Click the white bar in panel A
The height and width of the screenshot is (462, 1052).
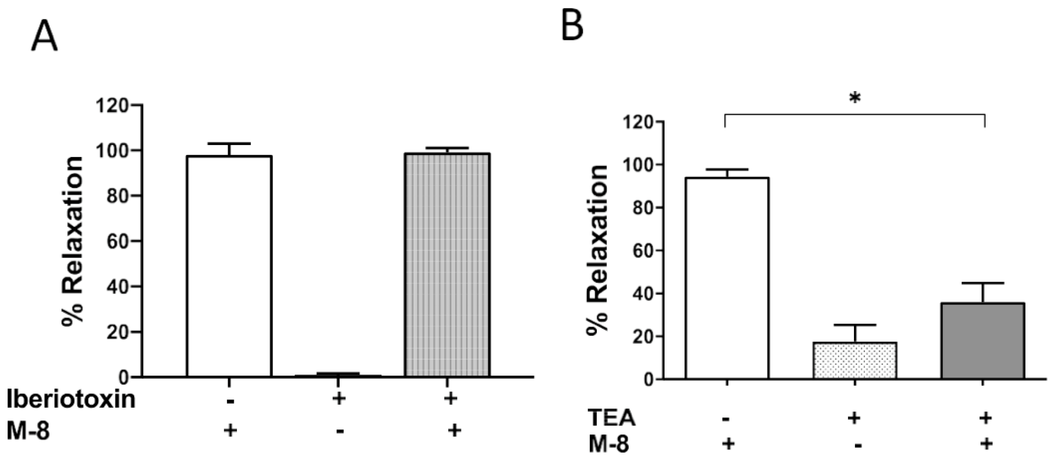pyautogui.click(x=229, y=266)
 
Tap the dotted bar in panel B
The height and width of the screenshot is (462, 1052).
pyautogui.click(x=855, y=360)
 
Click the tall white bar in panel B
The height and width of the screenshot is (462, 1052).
pyautogui.click(x=727, y=278)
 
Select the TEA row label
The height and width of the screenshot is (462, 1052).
pyautogui.click(x=611, y=418)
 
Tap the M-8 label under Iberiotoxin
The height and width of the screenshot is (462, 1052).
pyautogui.click(x=28, y=430)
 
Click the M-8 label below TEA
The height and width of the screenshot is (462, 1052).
pyautogui.click(x=609, y=444)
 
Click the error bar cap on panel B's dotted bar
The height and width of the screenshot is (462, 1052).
pyautogui.click(x=855, y=325)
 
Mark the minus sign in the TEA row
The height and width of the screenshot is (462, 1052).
pyautogui.click(x=726, y=419)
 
